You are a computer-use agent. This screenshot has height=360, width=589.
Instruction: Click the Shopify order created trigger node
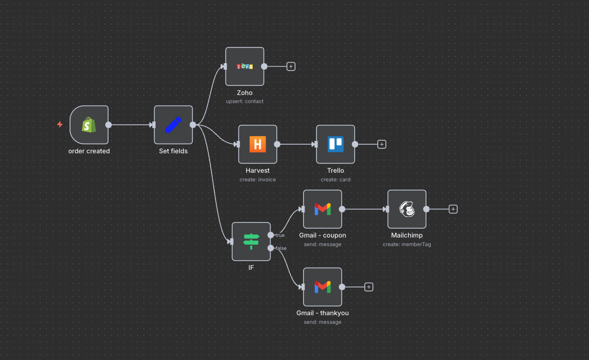pos(89,125)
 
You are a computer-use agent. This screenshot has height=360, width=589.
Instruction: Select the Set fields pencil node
pos(173,125)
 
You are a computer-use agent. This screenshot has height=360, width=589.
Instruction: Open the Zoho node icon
pos(245,66)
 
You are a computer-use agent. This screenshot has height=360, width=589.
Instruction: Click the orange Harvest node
pos(258,144)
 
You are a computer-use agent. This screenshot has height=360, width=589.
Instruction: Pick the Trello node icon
pos(335,144)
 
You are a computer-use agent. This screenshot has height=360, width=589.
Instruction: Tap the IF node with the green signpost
pos(251,241)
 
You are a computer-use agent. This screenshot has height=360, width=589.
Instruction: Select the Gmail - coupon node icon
pos(322,209)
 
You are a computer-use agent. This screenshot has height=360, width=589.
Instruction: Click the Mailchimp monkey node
pos(407,209)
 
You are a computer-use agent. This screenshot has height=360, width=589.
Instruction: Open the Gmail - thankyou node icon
pos(322,287)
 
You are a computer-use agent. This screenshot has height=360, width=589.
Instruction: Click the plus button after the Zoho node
pos(291,66)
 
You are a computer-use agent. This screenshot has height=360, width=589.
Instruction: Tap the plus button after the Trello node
pos(382,144)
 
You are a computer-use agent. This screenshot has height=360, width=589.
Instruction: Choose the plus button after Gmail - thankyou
pos(369,287)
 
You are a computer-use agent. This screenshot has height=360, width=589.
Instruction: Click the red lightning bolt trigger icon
pos(60,125)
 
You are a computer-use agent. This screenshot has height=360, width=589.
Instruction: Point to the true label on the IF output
pos(280,235)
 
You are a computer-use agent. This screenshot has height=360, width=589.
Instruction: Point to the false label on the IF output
pos(281,248)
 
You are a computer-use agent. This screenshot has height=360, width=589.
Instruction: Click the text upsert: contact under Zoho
pos(245,101)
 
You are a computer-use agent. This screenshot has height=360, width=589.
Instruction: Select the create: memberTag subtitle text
pos(407,244)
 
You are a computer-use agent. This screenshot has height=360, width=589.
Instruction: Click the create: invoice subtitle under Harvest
pos(258,179)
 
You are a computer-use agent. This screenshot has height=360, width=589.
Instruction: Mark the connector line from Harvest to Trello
pos(295,144)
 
